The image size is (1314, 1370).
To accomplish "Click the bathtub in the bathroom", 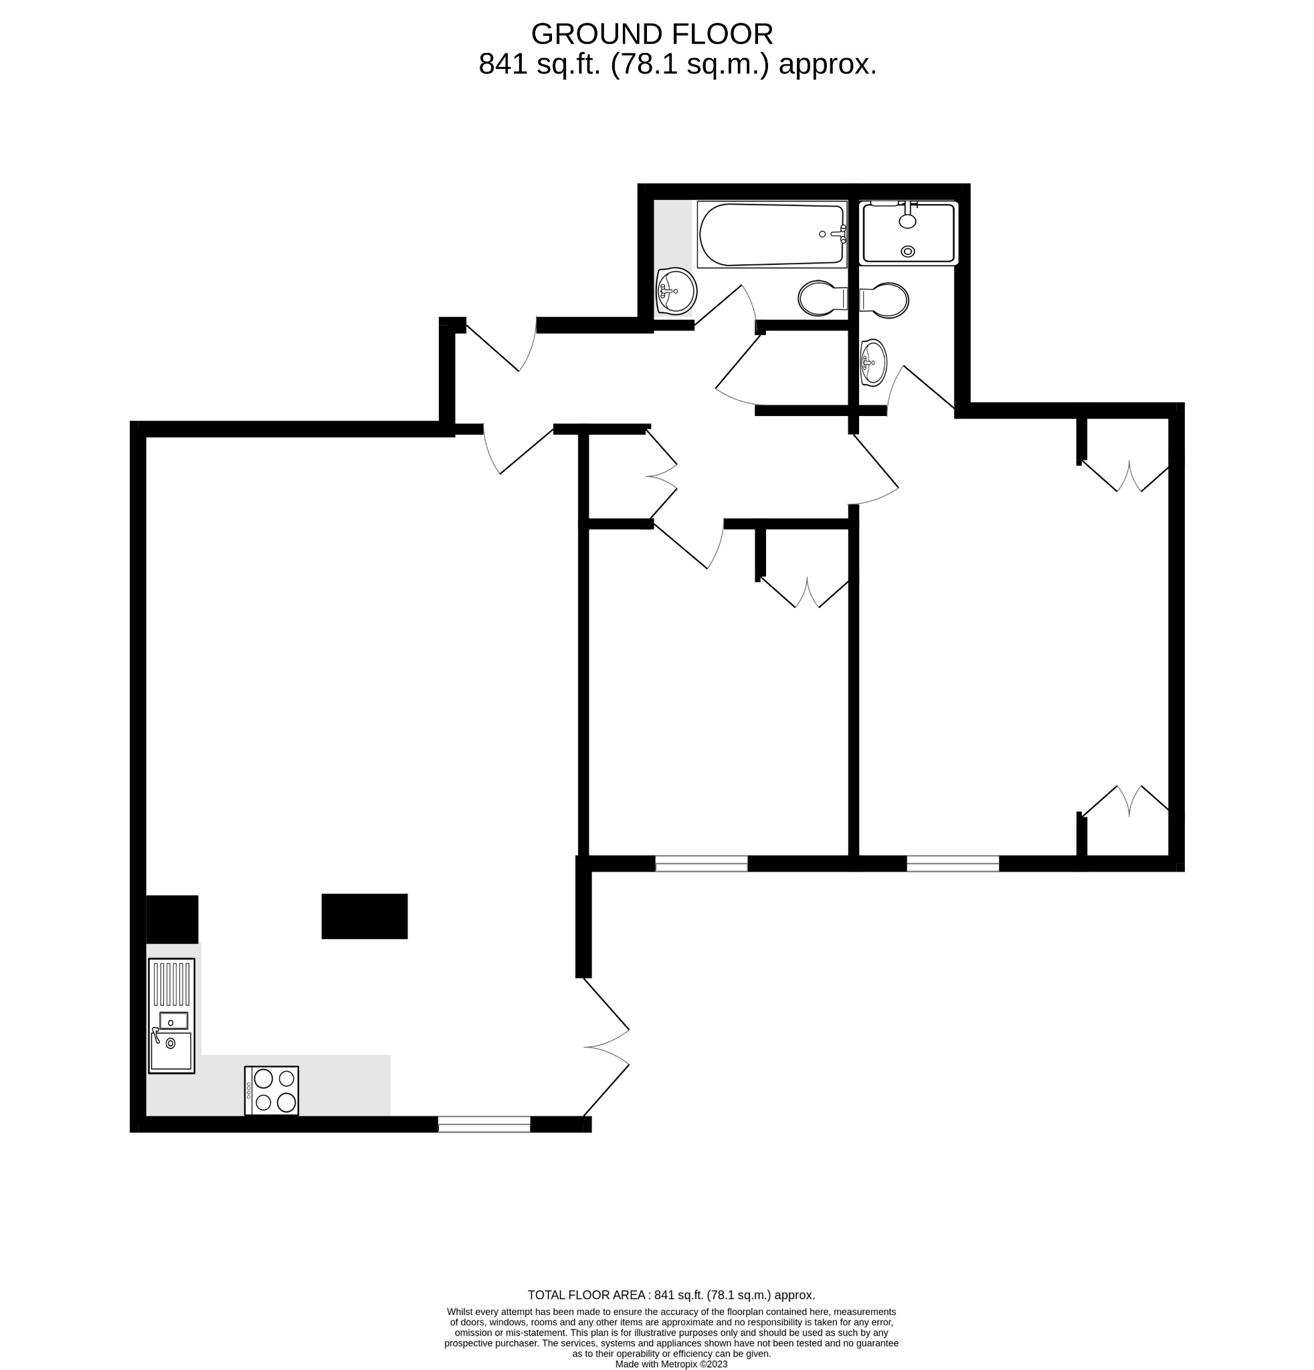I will point(771,235).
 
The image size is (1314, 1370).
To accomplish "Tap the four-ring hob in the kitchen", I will point(271,1090).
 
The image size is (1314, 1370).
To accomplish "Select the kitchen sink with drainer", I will point(171,1015).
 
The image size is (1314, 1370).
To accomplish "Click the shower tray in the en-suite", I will point(908,233).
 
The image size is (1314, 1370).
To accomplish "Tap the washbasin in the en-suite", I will point(873,362).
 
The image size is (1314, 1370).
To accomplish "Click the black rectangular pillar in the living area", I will point(364,916).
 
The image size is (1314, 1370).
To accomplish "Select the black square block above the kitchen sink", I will point(172,919).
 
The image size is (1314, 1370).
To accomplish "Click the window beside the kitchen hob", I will point(484,1124).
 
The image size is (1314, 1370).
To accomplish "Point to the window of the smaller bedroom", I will point(701,864).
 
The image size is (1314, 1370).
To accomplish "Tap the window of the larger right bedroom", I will point(953,864).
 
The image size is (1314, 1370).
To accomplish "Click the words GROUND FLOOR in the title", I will point(652,33).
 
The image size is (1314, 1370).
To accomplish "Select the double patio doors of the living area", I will point(605,1046).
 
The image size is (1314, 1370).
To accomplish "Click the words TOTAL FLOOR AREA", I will point(585,1295).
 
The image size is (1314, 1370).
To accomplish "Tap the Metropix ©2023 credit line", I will point(671,1364).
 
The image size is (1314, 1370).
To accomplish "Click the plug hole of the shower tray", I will point(908,252).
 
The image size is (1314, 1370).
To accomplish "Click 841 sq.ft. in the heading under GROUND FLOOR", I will point(539,64).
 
